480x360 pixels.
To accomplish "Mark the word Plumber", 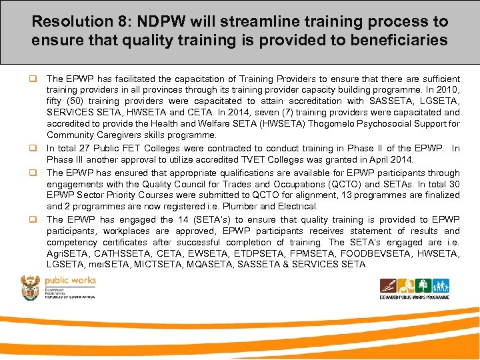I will pos(250,207).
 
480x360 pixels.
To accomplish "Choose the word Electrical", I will pos(299,207).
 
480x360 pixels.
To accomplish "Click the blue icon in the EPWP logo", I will pos(441,286).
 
